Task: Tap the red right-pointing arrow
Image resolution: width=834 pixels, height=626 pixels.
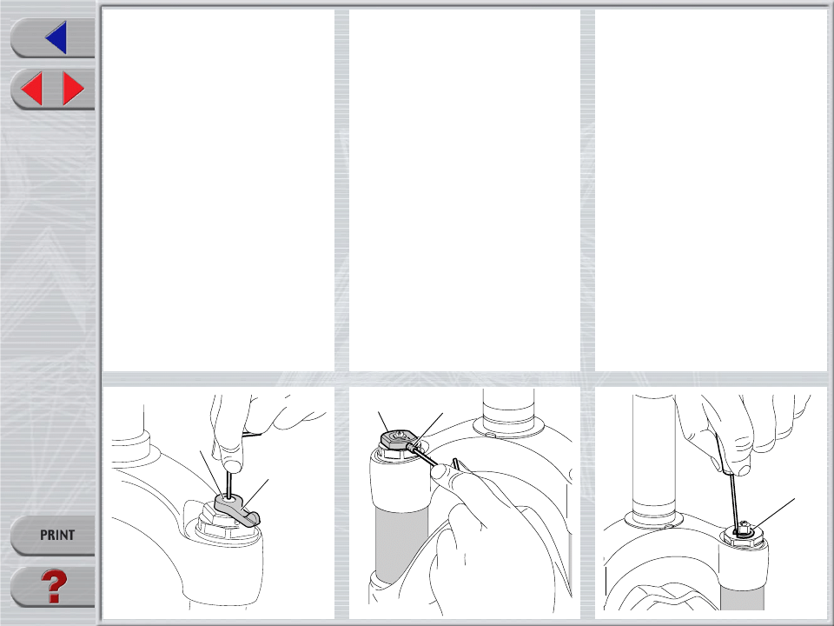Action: [73, 89]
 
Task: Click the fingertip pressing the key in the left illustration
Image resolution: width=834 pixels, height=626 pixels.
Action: [229, 459]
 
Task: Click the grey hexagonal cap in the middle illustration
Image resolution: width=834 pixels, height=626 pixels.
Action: [397, 441]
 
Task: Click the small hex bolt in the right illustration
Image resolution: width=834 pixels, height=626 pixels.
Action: [745, 528]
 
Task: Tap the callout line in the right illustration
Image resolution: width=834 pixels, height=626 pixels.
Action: [774, 514]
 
